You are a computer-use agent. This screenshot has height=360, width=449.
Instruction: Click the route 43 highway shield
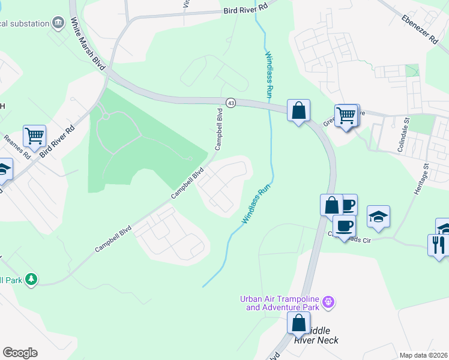click(231, 103)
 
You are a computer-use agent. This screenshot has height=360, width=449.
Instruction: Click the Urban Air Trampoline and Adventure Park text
click(279, 303)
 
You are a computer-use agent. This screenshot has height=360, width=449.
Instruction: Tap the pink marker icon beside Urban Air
click(328, 301)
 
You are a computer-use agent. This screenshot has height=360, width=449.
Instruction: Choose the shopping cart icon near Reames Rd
click(35, 136)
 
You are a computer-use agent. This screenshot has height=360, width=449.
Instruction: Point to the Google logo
click(20, 353)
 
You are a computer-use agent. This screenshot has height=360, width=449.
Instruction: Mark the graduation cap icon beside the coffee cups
click(379, 216)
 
